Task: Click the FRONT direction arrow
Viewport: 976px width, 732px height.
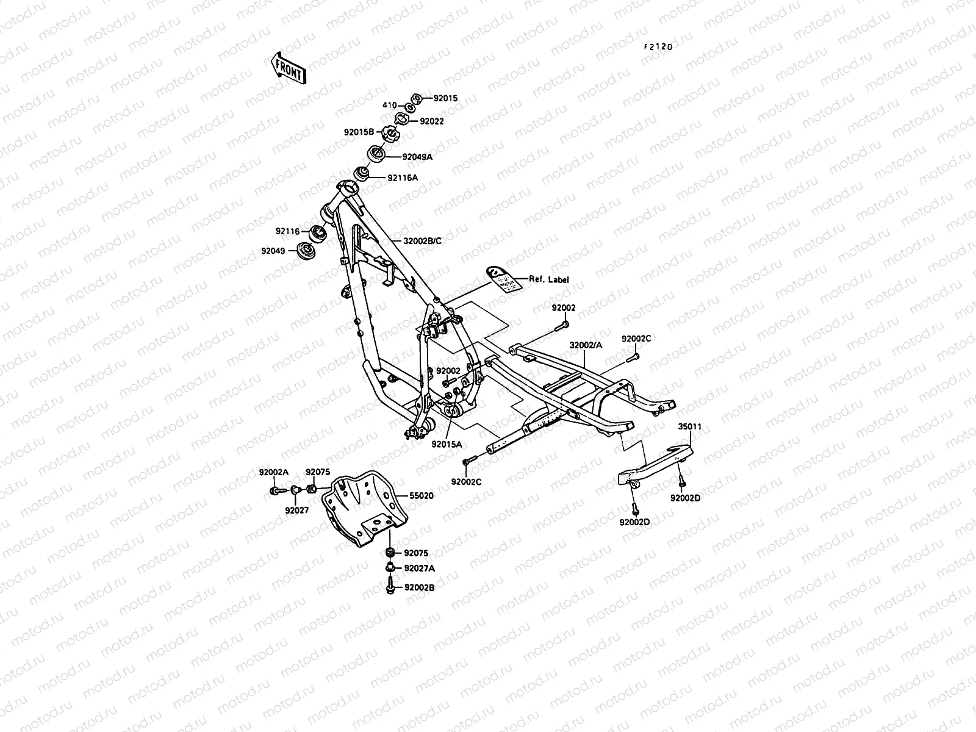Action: (287, 66)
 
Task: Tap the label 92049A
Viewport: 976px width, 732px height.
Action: (417, 157)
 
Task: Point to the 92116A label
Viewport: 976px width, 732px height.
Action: (403, 178)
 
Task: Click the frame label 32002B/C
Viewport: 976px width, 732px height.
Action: (422, 241)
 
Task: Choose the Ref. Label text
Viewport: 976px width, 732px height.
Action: (548, 279)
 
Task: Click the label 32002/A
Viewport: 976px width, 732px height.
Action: (586, 345)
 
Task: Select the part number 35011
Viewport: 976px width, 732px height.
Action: (690, 428)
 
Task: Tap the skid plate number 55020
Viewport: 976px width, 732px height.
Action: (421, 496)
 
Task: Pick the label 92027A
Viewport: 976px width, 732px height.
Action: (419, 568)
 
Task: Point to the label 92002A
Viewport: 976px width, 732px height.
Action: (274, 472)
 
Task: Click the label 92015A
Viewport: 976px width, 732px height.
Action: (447, 444)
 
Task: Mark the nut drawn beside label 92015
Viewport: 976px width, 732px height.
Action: (418, 99)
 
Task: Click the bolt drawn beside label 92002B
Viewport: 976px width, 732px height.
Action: (389, 587)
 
